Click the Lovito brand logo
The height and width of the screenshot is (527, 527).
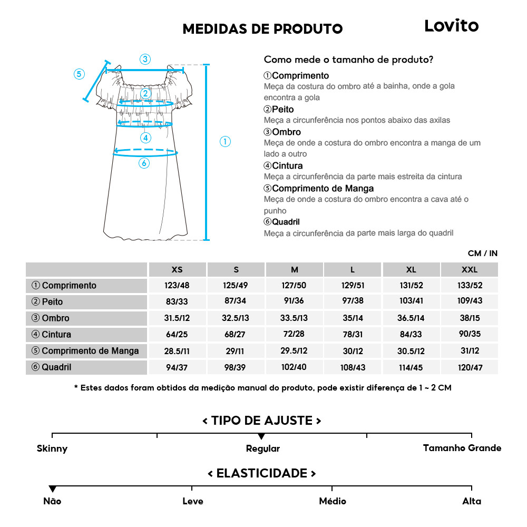pos(451,26)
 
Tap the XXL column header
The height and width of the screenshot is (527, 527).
pos(469,269)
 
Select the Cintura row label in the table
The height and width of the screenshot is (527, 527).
pos(56,334)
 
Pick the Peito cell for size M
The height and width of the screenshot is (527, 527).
pos(294,302)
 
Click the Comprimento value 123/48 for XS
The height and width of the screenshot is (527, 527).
pos(177,286)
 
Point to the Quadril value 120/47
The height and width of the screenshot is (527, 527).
pos(469,367)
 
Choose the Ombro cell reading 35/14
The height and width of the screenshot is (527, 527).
pos(353,318)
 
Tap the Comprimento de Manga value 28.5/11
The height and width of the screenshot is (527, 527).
pos(177,351)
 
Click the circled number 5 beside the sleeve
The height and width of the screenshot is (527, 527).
pos(79,74)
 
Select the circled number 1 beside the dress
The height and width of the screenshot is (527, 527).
pos(225,141)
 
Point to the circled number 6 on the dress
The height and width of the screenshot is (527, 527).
pos(144,163)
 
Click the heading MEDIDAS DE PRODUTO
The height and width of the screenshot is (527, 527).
pos(262,28)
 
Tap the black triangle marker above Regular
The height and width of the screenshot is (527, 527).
pos(261,436)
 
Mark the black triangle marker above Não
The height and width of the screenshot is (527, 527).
pos(52,489)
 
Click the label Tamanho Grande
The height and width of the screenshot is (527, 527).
pos(462,448)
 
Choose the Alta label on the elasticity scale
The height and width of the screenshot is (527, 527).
pos(471,501)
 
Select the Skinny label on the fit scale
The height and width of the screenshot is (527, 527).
pos(52,448)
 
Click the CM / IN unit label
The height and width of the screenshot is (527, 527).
pos(482,253)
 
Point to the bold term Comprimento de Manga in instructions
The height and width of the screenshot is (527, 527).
pos(323,188)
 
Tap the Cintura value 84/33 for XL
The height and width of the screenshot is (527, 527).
pos(411,335)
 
